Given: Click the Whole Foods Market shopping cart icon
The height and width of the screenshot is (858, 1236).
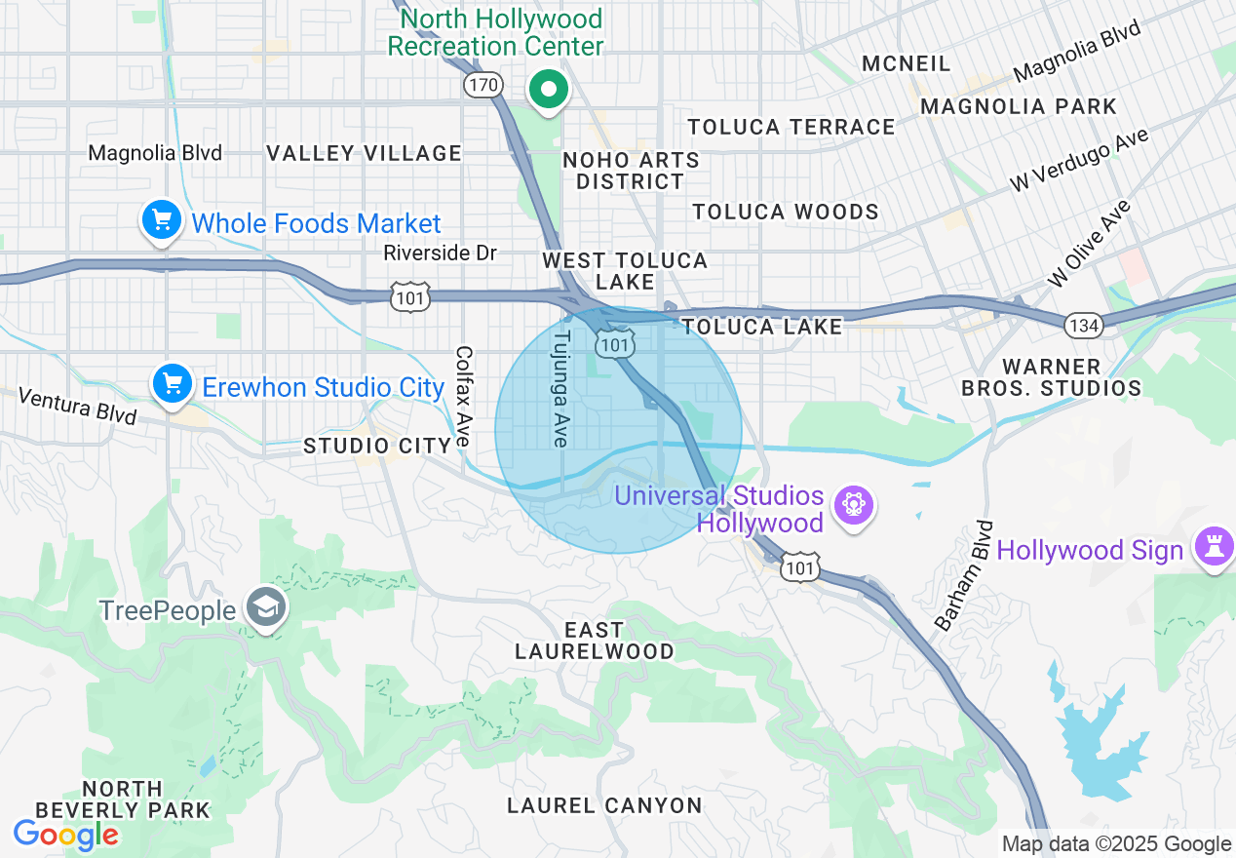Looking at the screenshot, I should pyautogui.click(x=162, y=222).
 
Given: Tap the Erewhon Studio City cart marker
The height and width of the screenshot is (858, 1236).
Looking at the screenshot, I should pyautogui.click(x=173, y=385).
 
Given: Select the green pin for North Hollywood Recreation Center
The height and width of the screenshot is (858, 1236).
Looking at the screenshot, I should pyautogui.click(x=549, y=91).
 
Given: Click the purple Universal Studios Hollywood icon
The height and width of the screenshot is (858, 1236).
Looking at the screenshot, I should pyautogui.click(x=854, y=505).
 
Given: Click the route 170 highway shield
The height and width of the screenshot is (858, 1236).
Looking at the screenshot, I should pyautogui.click(x=483, y=86).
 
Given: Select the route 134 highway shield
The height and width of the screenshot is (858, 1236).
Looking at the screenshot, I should pyautogui.click(x=1084, y=325).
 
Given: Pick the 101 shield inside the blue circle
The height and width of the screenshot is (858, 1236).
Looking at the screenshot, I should pyautogui.click(x=618, y=343).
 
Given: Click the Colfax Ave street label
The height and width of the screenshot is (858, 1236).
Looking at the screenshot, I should pyautogui.click(x=464, y=397).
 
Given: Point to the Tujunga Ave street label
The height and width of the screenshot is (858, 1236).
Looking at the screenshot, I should pyautogui.click(x=560, y=388).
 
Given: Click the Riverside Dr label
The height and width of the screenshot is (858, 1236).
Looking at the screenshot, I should pyautogui.click(x=440, y=253).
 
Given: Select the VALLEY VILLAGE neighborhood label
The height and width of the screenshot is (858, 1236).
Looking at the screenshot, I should pyautogui.click(x=365, y=153).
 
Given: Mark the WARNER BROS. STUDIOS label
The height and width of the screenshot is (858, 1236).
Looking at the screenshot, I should pyautogui.click(x=1051, y=377).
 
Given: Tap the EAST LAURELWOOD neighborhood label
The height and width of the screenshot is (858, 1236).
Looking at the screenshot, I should pyautogui.click(x=594, y=641).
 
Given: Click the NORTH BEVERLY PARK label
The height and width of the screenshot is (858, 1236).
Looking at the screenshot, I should pyautogui.click(x=122, y=799).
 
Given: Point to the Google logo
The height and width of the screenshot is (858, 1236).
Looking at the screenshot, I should pyautogui.click(x=65, y=835).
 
